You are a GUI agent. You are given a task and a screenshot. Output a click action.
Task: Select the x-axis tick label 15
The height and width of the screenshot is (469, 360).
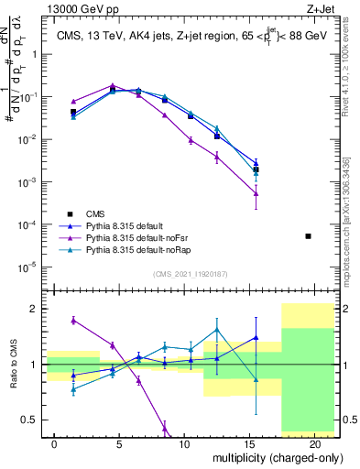pos(250,443)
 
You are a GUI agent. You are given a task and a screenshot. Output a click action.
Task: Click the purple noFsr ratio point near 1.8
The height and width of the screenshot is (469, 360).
pos(73,320)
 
